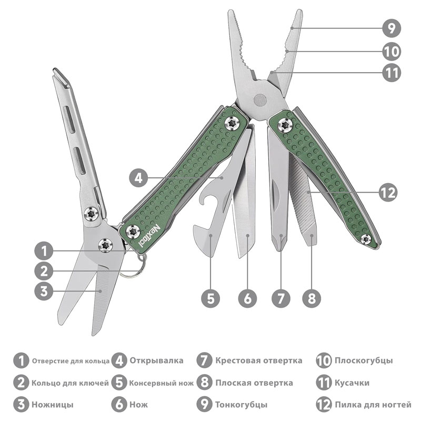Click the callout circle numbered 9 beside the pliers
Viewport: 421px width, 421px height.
point(392,28)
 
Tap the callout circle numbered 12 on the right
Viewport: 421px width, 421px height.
point(388,193)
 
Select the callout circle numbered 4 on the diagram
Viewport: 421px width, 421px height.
point(138,178)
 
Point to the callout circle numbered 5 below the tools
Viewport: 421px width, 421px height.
point(211,298)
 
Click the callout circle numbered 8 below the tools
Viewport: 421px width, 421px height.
point(312,298)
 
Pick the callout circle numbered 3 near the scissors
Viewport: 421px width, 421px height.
point(44,291)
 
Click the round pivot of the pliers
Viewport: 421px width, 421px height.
point(260,101)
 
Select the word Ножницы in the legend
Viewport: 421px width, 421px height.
point(52,404)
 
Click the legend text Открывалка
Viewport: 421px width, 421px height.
point(156,360)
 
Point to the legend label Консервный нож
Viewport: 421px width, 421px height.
point(161,383)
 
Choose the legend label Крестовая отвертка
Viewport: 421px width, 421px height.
point(259,360)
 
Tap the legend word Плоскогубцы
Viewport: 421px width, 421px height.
point(364,360)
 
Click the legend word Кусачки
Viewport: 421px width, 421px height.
point(352,383)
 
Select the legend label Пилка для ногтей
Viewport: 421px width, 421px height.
point(373,404)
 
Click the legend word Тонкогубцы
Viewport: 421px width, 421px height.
point(242,404)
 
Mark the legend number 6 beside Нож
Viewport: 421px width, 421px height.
point(119,404)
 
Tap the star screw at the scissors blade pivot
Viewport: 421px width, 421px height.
point(105,245)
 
